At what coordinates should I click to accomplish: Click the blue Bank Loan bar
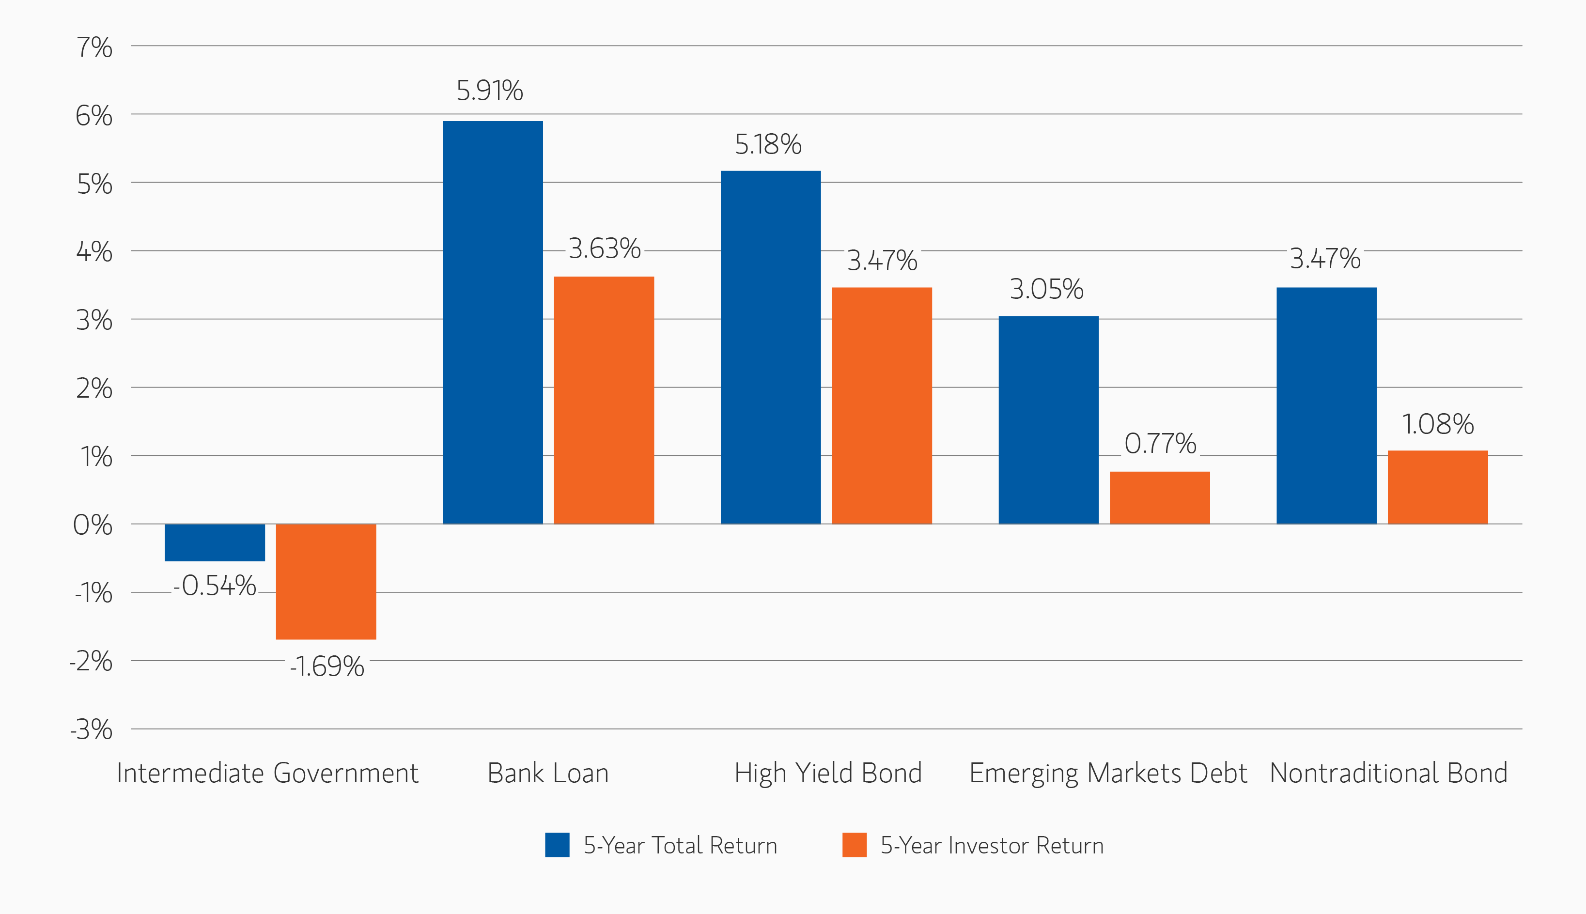click(x=493, y=322)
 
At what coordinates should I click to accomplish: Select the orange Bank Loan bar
click(x=604, y=400)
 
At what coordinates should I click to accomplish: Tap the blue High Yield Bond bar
click(x=771, y=347)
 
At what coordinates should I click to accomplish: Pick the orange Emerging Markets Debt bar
click(x=1160, y=497)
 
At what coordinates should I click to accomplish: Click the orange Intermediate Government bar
click(x=326, y=581)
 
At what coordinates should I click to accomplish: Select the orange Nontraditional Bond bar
click(x=1437, y=487)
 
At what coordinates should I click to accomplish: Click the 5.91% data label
click(x=490, y=91)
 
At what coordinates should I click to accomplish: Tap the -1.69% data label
click(x=327, y=666)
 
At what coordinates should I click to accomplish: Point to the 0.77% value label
click(x=1160, y=444)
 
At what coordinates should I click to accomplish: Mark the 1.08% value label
click(x=1437, y=424)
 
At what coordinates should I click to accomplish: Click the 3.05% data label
click(x=1046, y=289)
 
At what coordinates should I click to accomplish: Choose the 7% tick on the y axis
click(x=94, y=47)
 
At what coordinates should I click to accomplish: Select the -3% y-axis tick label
click(x=92, y=730)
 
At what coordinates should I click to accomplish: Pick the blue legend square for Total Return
click(x=557, y=845)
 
